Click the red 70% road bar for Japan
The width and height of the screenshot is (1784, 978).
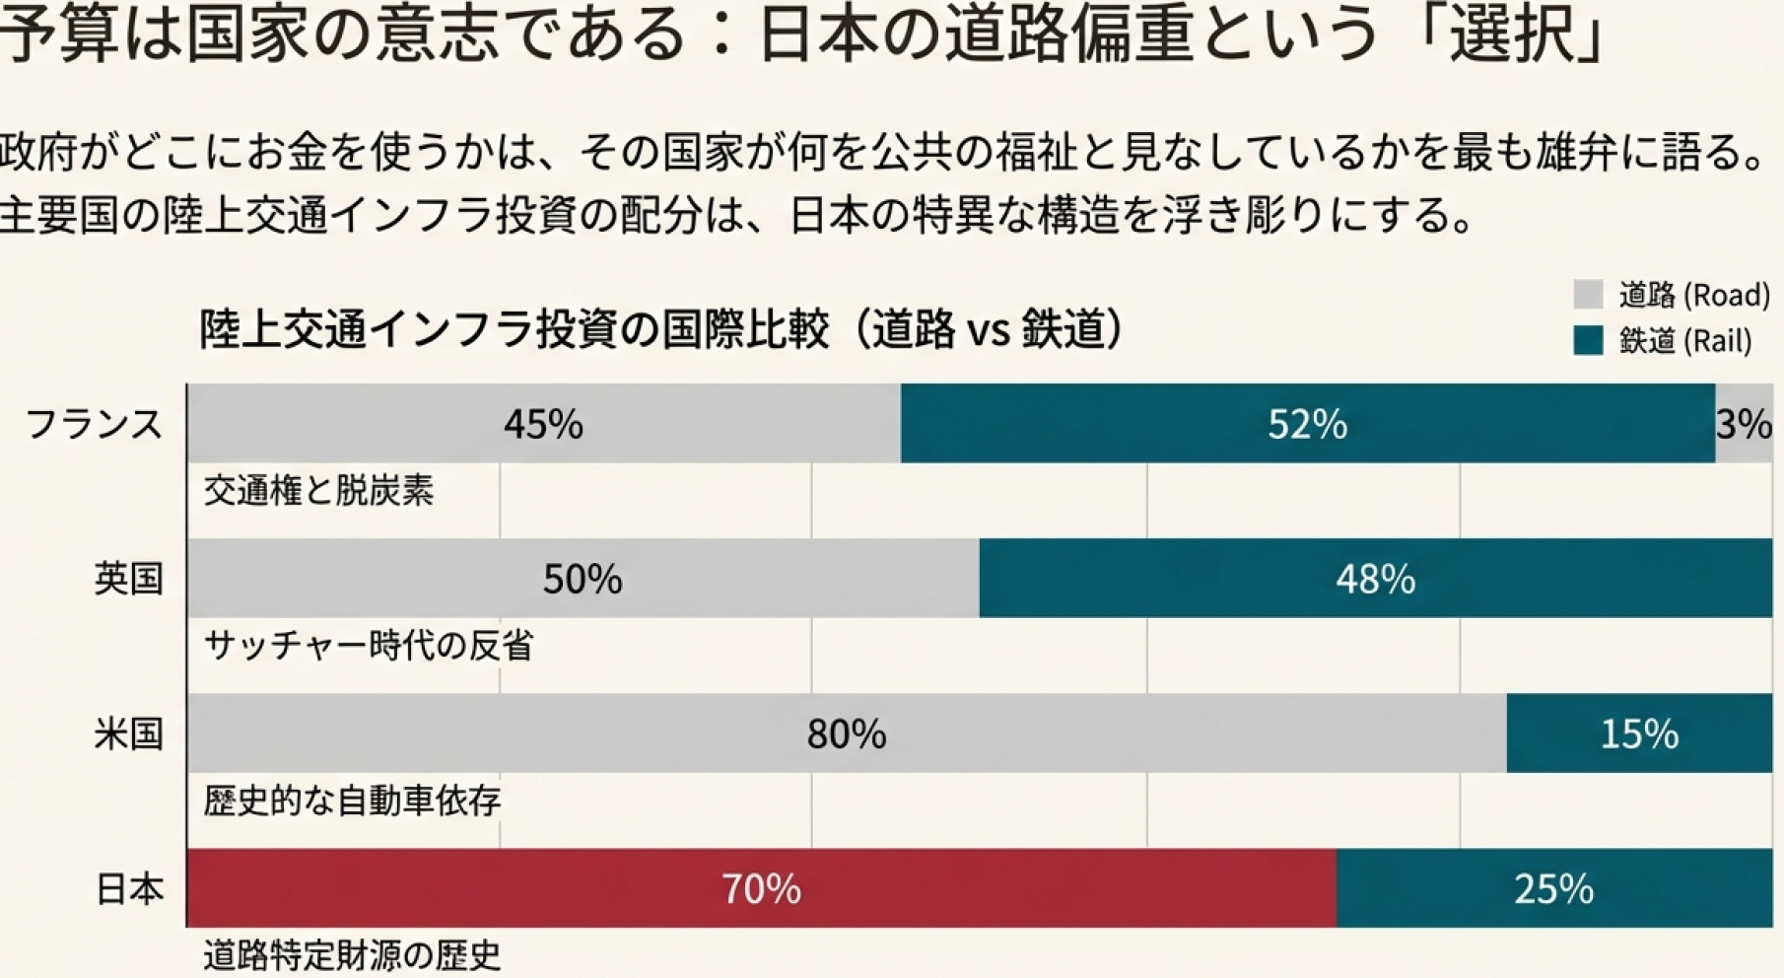click(x=761, y=888)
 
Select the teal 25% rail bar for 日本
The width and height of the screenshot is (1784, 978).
click(x=1553, y=888)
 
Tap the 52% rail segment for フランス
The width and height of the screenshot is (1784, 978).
click(x=1307, y=424)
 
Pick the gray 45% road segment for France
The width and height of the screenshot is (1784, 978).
click(x=543, y=424)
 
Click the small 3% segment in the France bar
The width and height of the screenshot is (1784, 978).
click(x=1744, y=424)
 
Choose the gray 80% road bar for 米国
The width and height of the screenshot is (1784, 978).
click(x=846, y=733)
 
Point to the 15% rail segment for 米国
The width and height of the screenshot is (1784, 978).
click(x=1638, y=733)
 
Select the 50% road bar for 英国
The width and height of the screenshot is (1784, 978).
click(x=583, y=579)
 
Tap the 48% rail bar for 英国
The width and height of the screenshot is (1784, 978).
click(x=1375, y=579)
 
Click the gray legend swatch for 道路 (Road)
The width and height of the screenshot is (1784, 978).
click(x=1588, y=295)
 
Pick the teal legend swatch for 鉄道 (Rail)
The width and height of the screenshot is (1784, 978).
click(x=1588, y=341)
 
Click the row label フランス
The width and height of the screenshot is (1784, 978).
click(x=94, y=424)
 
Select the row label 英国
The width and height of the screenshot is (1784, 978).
click(x=128, y=579)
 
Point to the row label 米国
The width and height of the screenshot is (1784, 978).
click(x=128, y=734)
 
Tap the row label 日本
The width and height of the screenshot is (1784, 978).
click(x=128, y=889)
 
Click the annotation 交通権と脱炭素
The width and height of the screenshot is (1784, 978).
click(x=318, y=491)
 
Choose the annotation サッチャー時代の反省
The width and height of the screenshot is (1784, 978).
click(x=369, y=646)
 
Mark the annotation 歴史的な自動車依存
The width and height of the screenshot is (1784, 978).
click(x=352, y=801)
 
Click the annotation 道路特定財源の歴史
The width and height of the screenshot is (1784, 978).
click(x=352, y=955)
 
